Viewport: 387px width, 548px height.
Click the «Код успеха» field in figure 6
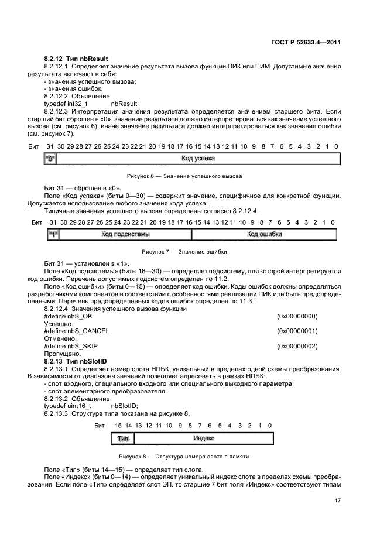coord(198,159)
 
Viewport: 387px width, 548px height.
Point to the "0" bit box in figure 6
coord(50,159)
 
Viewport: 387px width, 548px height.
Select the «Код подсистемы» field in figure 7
coord(125,234)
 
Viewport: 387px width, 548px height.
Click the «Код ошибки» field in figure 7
coord(264,234)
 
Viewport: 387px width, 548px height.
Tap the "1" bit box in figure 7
coord(53,234)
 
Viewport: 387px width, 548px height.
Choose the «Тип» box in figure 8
coord(122,438)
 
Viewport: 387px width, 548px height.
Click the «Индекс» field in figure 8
coord(203,438)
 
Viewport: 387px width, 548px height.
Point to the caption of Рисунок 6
coord(184,176)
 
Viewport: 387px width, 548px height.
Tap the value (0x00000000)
coord(297,316)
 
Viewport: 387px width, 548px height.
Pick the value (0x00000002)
coord(297,346)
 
